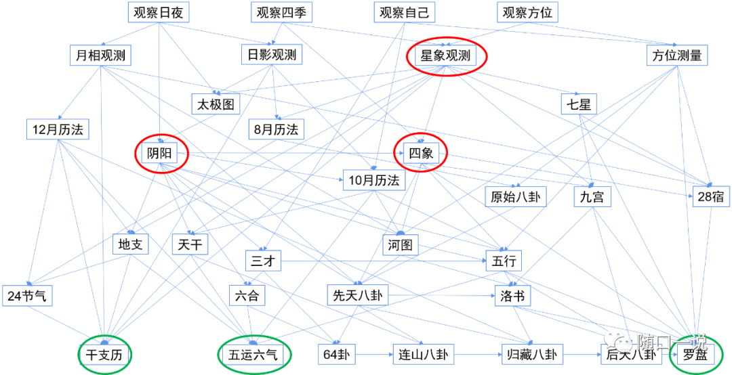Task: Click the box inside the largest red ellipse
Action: click(445, 56)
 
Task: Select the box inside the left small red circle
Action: click(159, 153)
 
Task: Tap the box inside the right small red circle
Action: click(421, 153)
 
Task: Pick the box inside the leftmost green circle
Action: click(104, 354)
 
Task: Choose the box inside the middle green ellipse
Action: click(253, 354)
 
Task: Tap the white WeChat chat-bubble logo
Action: click(617, 340)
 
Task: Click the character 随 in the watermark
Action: click(645, 343)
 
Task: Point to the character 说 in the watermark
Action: click(697, 343)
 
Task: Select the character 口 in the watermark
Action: click(662, 343)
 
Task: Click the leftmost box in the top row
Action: click(159, 12)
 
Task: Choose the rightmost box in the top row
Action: click(527, 12)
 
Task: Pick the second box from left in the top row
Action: click(281, 12)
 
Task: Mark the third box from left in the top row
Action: click(405, 12)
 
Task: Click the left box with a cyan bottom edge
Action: click(58, 129)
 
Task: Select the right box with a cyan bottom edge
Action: click(277, 129)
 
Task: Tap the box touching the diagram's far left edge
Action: click(27, 296)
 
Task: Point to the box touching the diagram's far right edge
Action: click(711, 196)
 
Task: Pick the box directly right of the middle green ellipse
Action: click(336, 354)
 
